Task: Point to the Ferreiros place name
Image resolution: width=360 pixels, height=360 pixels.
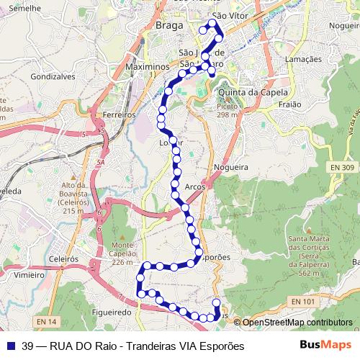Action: click(x=120, y=114)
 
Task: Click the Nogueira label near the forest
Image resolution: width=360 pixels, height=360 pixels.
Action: click(x=231, y=166)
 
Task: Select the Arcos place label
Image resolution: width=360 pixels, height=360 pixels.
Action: click(x=195, y=186)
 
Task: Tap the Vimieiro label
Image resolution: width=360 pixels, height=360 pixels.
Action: click(x=29, y=274)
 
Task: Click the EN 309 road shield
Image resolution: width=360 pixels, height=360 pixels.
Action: click(x=343, y=167)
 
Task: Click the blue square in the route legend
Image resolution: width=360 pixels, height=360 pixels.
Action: click(x=10, y=346)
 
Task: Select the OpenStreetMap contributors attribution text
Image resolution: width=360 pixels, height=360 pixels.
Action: click(x=297, y=322)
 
